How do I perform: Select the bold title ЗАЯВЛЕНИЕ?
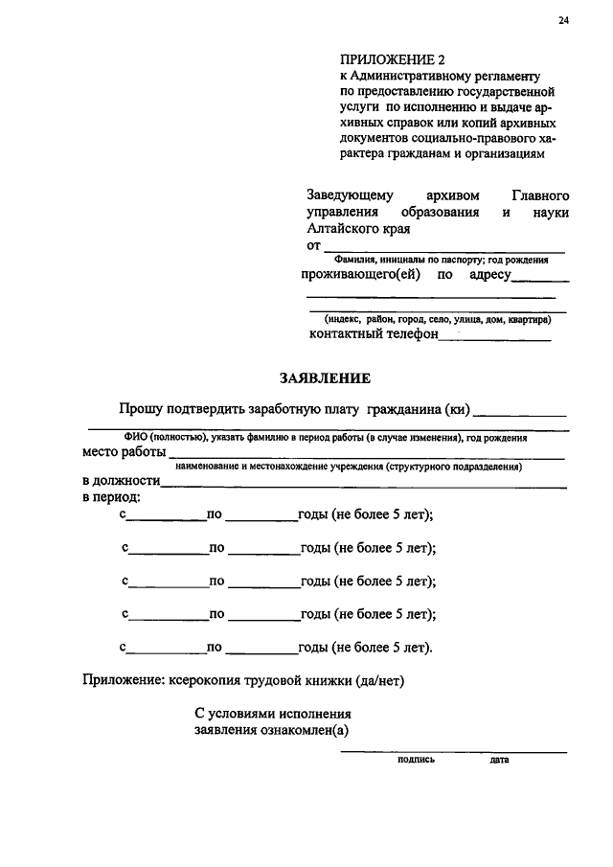(x=325, y=377)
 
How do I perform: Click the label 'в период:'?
(x=111, y=497)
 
